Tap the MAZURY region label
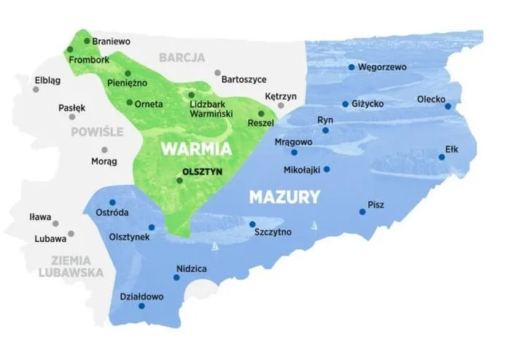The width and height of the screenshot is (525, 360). click(x=284, y=196)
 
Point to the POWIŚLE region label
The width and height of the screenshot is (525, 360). click(x=97, y=132)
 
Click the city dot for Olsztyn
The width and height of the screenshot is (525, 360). click(x=179, y=180)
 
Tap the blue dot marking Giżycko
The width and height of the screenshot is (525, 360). click(x=345, y=103)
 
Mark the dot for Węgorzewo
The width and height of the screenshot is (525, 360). click(x=351, y=67)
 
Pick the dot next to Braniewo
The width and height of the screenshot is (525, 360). click(x=87, y=41)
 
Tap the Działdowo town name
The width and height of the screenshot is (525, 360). click(x=142, y=297)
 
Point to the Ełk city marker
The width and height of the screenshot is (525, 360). click(x=441, y=157)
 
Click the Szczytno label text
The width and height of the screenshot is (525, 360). click(x=273, y=232)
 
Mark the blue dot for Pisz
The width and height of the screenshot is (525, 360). click(x=362, y=212)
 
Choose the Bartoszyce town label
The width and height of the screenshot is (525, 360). click(x=243, y=79)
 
